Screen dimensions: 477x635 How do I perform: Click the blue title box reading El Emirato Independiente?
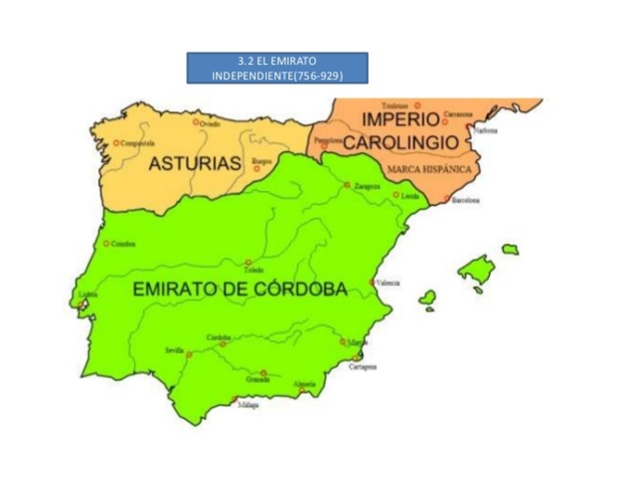tap(277, 68)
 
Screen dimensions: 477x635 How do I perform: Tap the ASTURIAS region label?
tap(195, 163)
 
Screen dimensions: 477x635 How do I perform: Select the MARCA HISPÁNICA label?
tap(429, 169)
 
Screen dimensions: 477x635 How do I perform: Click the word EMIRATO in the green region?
tap(177, 290)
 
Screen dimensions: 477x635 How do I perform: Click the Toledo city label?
tap(253, 270)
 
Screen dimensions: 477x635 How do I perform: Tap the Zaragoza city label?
tap(367, 185)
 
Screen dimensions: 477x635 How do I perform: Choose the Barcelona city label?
tap(465, 201)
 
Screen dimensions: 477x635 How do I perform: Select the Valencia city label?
tap(388, 283)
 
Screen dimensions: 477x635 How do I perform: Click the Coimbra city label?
tap(123, 243)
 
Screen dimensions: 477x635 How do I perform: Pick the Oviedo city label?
tap(210, 124)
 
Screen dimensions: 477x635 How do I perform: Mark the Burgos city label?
tap(262, 160)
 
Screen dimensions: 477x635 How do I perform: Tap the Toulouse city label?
tap(397, 104)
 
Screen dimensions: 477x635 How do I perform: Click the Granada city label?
tap(258, 381)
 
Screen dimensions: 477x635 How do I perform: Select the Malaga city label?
tap(247, 405)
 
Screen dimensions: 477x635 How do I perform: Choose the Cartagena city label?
tap(363, 367)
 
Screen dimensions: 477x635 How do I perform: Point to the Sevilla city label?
tap(174, 351)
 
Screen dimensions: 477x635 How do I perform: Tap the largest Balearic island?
tap(475, 269)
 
